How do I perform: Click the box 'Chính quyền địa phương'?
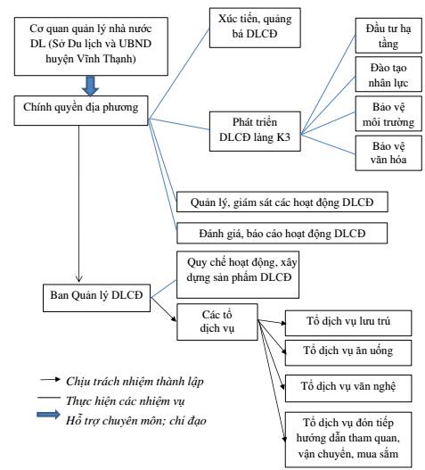81,111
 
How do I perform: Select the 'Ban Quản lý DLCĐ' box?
96,298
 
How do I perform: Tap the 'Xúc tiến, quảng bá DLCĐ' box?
255,28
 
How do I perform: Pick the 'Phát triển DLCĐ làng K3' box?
255,131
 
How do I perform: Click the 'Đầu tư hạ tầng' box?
388,36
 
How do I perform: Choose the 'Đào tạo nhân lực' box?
388,74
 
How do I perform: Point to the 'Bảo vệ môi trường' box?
388,113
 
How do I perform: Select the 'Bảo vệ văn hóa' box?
388,153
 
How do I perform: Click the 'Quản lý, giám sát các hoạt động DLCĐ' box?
282,202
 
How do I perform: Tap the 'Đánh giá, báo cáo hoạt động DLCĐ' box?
282,233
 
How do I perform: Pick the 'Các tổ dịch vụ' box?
217,322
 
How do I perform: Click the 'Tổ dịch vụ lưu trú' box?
348,323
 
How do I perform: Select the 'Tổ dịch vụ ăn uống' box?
348,353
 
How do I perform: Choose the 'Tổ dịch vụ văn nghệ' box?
348,388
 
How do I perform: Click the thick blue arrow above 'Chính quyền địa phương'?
90,86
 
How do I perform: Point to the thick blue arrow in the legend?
48,415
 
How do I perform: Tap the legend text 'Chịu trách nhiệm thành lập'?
135,382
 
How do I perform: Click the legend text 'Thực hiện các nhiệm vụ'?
126,401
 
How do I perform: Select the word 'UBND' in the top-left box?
135,44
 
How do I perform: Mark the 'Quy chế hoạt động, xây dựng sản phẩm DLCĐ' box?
238,275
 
